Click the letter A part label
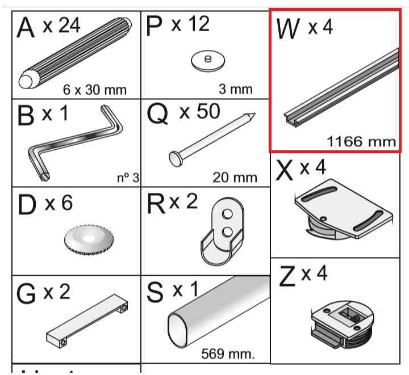[x=26, y=27]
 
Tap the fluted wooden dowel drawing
[x=75, y=53]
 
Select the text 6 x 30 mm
[x=95, y=90]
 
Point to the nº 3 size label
[x=128, y=178]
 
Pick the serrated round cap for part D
[x=89, y=239]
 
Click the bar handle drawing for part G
[x=87, y=321]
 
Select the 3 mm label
[x=236, y=89]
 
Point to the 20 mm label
[x=235, y=178]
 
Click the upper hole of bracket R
[x=227, y=214]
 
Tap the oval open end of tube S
[x=177, y=330]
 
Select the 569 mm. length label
[x=228, y=354]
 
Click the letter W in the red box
[x=287, y=29]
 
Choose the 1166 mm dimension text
[x=361, y=142]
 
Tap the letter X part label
[x=285, y=170]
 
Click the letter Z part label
[x=287, y=276]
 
